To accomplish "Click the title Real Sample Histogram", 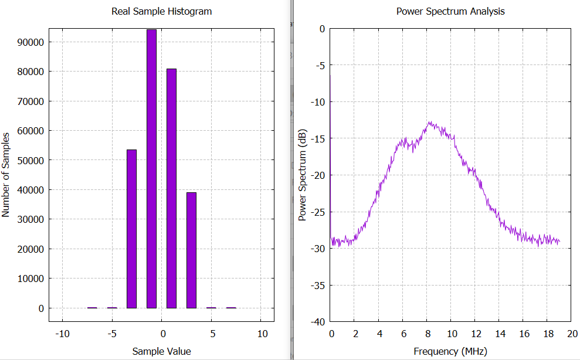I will tap(161, 11).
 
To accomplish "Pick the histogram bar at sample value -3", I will tap(131, 229).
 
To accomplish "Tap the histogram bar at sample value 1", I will tap(171, 188).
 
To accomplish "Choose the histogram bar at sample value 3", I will tap(191, 250).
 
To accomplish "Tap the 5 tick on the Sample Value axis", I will tap(212, 334).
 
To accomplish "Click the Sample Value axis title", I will tap(161, 351).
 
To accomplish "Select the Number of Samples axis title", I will tap(6, 175).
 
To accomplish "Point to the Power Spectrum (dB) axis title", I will tap(303, 175).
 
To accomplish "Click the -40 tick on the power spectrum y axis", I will tap(319, 322).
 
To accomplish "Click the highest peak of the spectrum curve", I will tap(430, 122).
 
